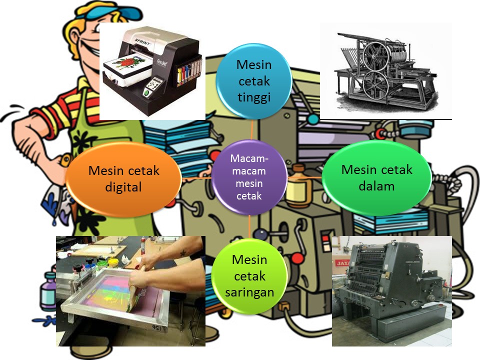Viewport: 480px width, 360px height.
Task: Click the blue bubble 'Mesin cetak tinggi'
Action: tap(253, 80)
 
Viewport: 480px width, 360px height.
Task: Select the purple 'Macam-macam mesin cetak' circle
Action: tap(249, 177)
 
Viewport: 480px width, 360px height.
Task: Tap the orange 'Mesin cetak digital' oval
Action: tap(123, 179)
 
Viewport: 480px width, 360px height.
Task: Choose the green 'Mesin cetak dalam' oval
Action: tap(376, 177)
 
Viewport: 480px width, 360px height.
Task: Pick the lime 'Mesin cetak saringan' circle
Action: tap(249, 276)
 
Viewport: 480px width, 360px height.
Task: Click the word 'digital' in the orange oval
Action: tap(123, 187)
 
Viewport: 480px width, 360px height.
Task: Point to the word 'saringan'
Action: tap(249, 292)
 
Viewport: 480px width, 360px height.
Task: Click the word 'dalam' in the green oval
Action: tap(376, 186)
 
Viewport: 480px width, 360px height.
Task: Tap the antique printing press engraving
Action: tap(385, 70)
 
